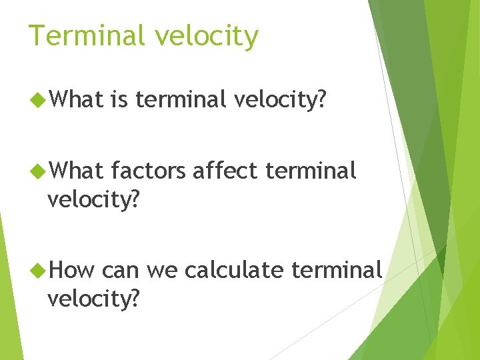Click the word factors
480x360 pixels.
coord(149,171)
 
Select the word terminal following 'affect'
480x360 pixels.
coord(311,171)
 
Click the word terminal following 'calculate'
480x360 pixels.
coord(337,270)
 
